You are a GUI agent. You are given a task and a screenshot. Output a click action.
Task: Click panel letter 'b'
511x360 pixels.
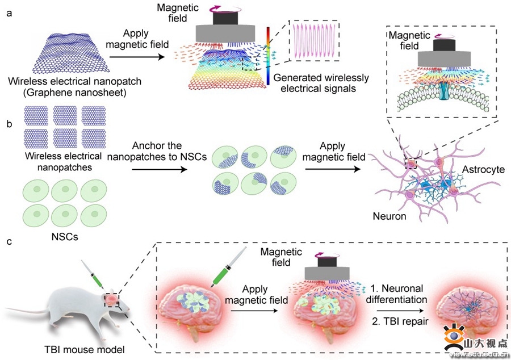(x=8, y=122)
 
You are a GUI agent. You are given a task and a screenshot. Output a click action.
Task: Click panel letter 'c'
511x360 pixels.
(x=8, y=241)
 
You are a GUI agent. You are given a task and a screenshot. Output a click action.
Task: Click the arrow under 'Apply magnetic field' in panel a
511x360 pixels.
(x=135, y=57)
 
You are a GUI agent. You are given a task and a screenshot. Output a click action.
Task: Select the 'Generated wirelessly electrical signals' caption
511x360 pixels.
(x=320, y=83)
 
